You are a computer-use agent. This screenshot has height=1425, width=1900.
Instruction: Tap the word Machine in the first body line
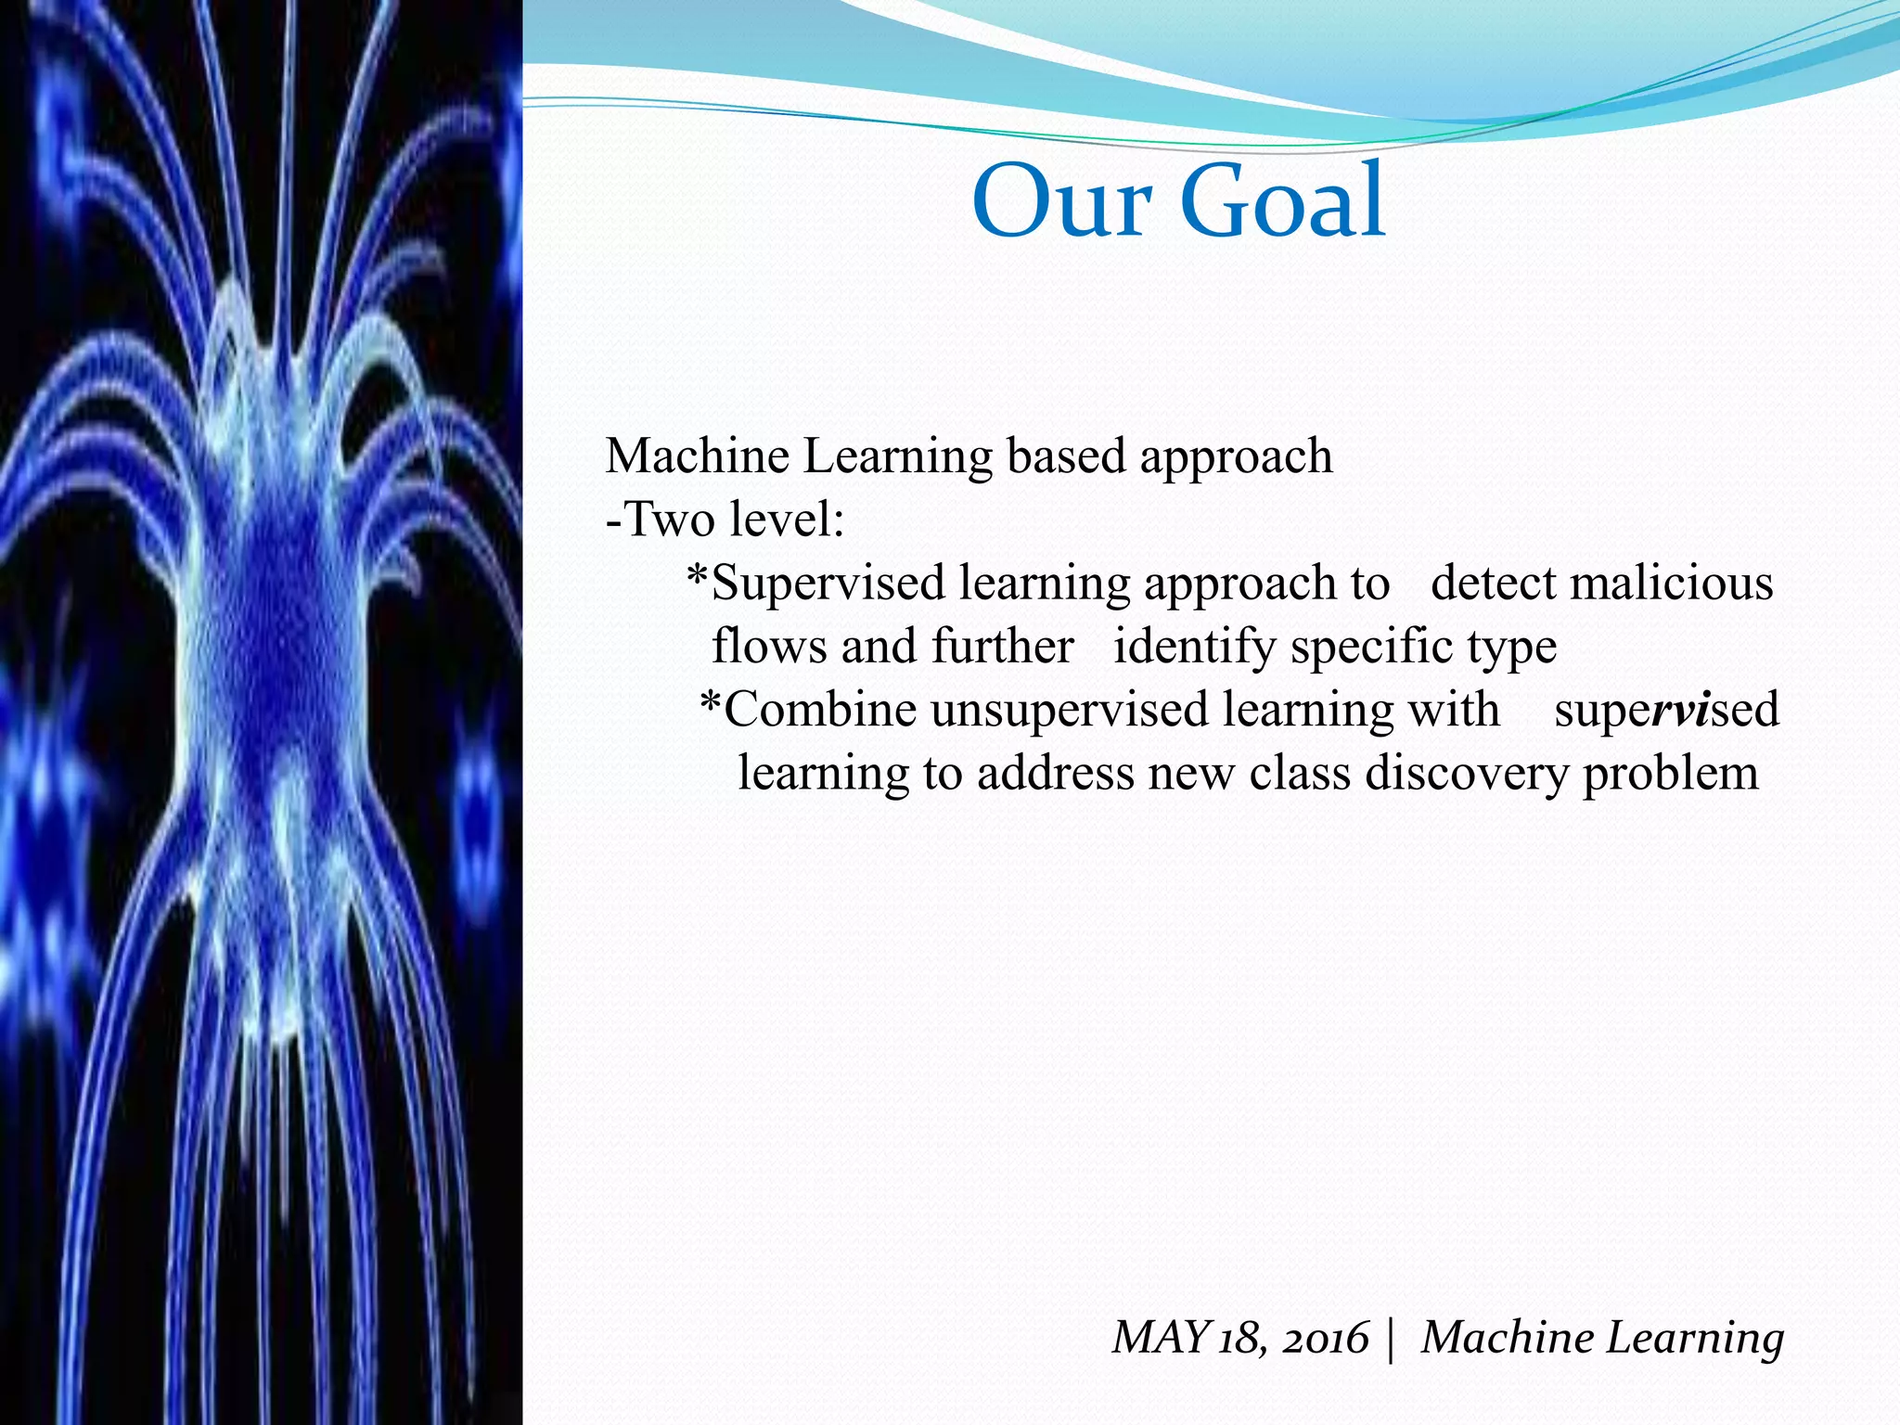[697, 456]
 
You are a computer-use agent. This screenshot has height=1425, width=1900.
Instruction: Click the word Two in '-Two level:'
[671, 519]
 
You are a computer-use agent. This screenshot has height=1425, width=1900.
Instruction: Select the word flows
[768, 646]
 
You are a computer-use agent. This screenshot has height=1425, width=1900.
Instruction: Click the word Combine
[820, 710]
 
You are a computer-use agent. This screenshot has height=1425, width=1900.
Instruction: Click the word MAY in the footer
[1160, 1338]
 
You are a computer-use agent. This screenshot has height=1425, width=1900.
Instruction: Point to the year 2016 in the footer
[1326, 1338]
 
